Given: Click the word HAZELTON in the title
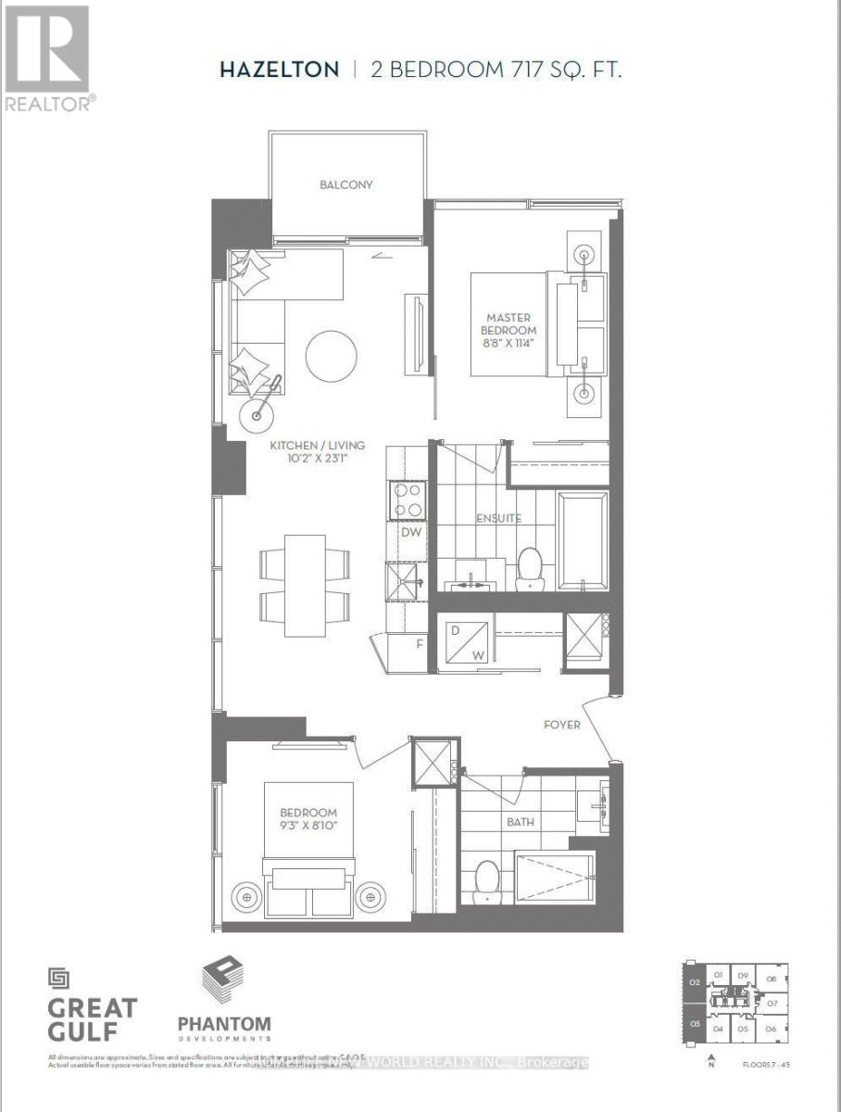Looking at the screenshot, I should point(279,69).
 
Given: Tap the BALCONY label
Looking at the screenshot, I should point(346,184).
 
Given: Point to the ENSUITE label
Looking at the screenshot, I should point(500,518).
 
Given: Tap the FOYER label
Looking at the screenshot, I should point(562,724).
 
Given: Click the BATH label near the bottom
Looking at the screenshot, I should point(520,821).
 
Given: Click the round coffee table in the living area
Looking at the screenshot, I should point(331,355).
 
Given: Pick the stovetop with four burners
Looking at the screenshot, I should point(408,501).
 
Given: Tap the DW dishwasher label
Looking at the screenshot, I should point(411,533).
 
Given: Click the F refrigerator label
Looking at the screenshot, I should point(419,641).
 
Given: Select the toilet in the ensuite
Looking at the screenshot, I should point(530,566).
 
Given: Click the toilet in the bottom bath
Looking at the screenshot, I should point(486,881).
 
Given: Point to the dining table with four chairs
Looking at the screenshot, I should point(306,585).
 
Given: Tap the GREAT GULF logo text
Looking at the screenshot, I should point(92,1018).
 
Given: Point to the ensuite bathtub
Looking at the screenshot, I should point(583,540).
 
